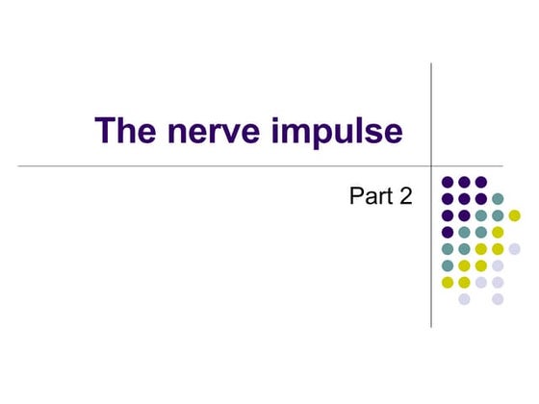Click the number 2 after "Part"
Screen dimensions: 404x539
[405, 197]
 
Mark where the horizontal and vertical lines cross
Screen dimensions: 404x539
[430, 165]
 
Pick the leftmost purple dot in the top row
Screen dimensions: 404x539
[448, 182]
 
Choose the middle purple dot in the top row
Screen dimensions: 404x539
[464, 182]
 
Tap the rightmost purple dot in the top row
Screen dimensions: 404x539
[480, 182]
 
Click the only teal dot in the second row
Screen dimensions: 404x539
[498, 198]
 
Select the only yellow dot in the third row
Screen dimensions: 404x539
[514, 215]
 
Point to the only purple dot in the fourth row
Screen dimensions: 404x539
[448, 232]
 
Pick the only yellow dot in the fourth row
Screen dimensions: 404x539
[498, 232]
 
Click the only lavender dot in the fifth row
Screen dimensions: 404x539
[514, 248]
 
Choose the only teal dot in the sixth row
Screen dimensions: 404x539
[448, 265]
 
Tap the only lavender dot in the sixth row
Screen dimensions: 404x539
[498, 265]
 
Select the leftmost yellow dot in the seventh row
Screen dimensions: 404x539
[448, 282]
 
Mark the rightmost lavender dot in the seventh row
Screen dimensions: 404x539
[498, 282]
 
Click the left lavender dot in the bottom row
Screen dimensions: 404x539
[464, 299]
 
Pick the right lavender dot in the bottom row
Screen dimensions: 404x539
[498, 299]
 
